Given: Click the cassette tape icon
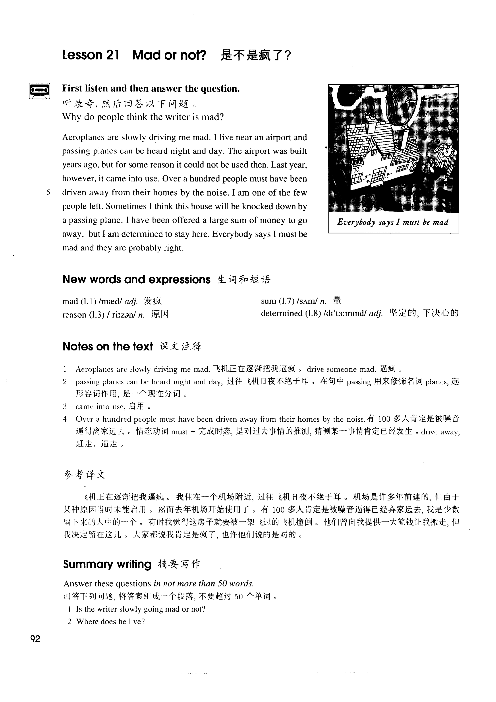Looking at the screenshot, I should [x=39, y=90].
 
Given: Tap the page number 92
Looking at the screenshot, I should [x=35, y=639].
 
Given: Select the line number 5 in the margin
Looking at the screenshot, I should [x=48, y=192].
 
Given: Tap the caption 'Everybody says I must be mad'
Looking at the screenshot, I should [x=393, y=222].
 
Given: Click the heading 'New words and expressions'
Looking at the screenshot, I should [x=136, y=279].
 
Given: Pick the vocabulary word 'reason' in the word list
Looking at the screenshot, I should [x=74, y=315].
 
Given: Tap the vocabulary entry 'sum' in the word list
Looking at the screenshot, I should [x=268, y=301].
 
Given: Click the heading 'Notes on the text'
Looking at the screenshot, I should [x=108, y=346].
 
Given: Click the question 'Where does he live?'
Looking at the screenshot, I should [x=110, y=622].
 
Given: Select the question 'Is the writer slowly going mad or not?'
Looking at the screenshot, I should [x=141, y=609].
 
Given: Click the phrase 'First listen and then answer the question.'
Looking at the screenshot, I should [x=151, y=89].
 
